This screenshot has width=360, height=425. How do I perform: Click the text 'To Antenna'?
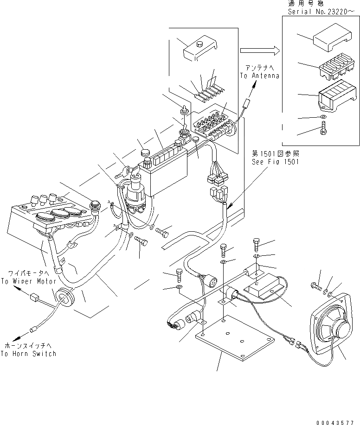point(260,76)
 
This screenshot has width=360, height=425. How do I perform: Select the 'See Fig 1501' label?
point(276,162)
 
